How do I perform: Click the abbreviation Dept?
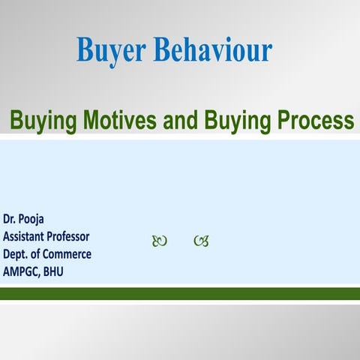tap(16, 254)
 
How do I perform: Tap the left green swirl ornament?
tap(159, 241)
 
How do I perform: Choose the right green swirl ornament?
tap(200, 241)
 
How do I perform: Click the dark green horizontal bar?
tap(180, 293)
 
